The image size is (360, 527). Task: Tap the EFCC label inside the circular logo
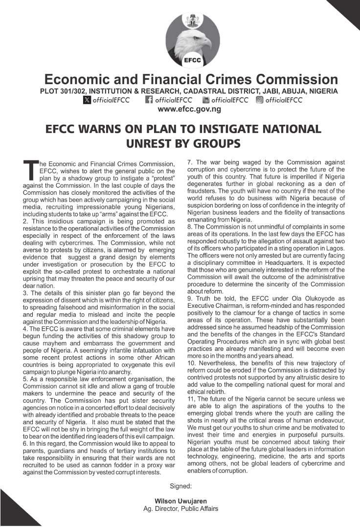pos(189,61)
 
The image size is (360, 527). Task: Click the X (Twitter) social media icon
pos(87,100)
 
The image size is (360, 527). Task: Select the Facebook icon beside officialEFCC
pos(149,100)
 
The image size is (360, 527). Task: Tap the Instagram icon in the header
pos(260,100)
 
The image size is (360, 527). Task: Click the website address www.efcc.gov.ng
pos(189,109)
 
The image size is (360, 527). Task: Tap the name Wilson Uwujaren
pos(180,502)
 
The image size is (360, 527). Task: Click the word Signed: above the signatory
pos(180,486)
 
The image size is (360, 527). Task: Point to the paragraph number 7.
pos(189,162)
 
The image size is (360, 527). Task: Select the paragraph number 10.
pos(191,363)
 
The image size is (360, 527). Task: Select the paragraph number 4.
pos(25,329)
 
